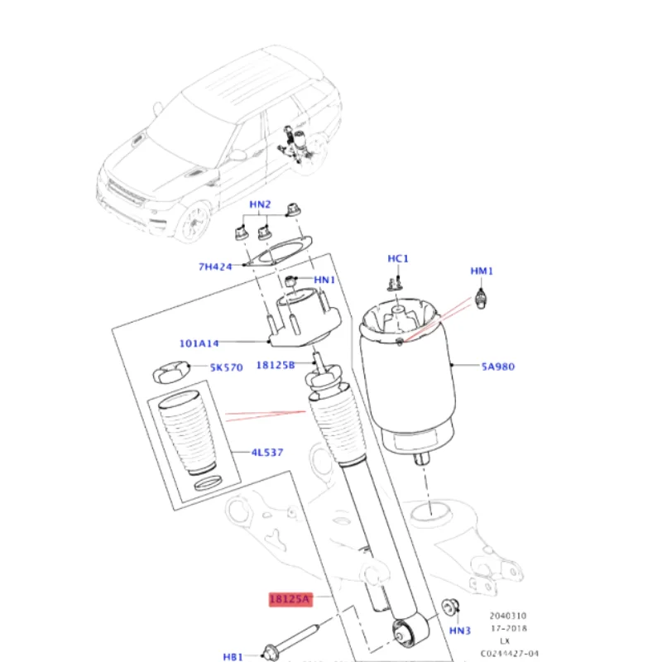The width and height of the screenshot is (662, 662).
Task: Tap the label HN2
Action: [261, 204]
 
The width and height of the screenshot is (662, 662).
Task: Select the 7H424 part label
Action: [215, 266]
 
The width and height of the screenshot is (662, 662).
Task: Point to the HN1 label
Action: [324, 281]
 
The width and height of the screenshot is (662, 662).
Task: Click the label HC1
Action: [398, 259]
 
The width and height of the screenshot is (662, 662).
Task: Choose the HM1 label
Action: [482, 271]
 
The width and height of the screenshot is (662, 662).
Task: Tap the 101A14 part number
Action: [199, 343]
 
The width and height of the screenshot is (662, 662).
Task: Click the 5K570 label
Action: [226, 367]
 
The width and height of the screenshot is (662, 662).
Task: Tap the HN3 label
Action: [459, 631]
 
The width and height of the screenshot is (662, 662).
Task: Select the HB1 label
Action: [234, 656]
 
